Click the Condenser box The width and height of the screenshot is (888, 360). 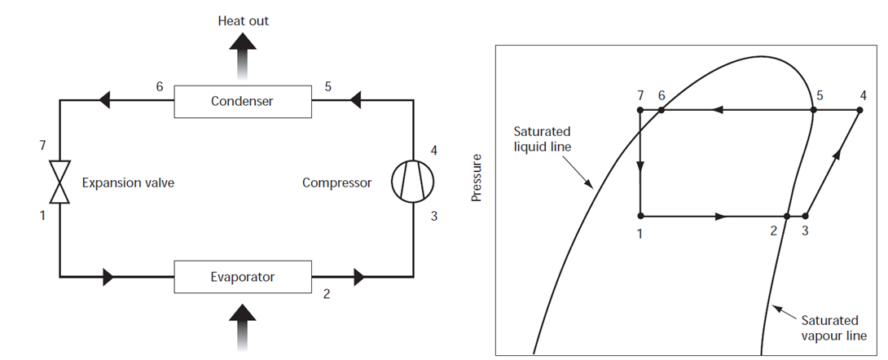click(242, 102)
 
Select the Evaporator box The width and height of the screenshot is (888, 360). click(242, 277)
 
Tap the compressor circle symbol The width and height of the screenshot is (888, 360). click(408, 182)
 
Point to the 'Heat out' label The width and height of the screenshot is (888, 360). click(243, 20)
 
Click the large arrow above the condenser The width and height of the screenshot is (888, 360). click(243, 60)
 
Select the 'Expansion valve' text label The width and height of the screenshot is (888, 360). click(128, 182)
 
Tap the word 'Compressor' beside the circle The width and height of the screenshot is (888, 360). click(336, 182)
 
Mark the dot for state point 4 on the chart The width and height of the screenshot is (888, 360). click(859, 109)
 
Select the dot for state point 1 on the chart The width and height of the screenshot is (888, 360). click(641, 216)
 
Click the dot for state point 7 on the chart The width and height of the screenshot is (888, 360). click(641, 109)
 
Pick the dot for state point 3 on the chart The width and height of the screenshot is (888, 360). click(805, 216)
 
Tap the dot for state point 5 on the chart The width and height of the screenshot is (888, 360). click(812, 109)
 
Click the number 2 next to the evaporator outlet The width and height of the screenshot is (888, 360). click(327, 295)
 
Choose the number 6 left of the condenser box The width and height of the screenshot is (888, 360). click(160, 86)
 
